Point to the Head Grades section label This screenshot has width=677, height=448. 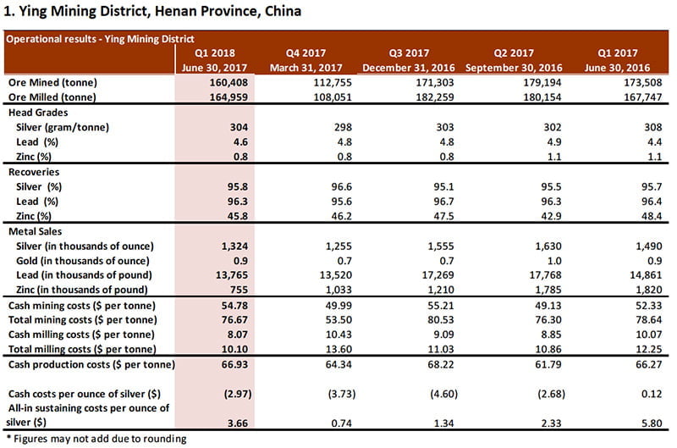pos(40,112)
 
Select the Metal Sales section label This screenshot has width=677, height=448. pos(38,230)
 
